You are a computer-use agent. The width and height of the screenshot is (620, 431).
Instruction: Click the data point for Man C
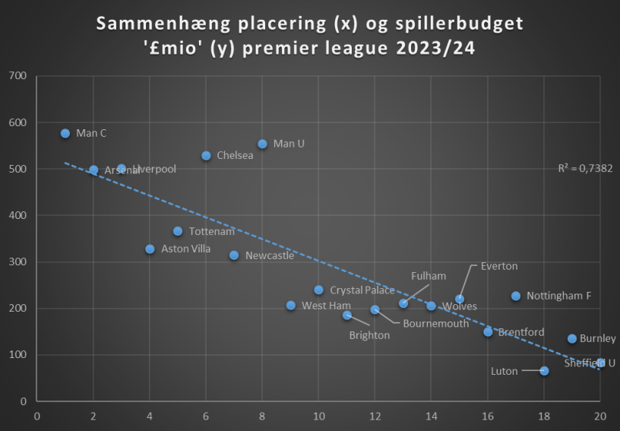coord(65,133)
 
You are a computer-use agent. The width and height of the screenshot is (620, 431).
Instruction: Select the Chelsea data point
coord(206,155)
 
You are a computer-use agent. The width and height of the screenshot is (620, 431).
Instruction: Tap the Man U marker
coord(262,144)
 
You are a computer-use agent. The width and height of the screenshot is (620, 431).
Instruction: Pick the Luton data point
coord(544,371)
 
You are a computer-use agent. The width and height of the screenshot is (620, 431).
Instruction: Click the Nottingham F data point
coord(516,296)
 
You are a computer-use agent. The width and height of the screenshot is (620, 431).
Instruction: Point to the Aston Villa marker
coord(150,249)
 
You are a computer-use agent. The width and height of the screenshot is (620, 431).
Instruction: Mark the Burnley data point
coord(572,338)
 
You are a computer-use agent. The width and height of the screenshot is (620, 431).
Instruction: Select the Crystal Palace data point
coord(318,290)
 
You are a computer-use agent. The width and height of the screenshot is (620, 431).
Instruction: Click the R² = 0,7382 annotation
coord(585,169)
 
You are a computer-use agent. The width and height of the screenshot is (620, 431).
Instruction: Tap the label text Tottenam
coord(212,231)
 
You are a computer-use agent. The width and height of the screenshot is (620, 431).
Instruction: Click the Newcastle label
coord(270,255)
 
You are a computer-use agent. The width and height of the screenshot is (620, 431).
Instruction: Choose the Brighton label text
coord(369,335)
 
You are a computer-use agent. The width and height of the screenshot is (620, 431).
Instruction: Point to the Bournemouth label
coord(436,323)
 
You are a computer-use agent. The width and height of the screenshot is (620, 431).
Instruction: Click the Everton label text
coord(499,266)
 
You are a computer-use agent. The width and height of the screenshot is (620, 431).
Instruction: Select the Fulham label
coord(429,276)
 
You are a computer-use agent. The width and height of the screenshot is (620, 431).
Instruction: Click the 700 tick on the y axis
coord(17,76)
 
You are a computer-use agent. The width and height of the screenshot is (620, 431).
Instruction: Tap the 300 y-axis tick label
coord(17,261)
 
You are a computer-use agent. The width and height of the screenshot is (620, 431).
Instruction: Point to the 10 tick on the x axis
coord(318,416)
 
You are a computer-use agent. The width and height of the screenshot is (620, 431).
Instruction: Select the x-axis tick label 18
coord(544,416)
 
